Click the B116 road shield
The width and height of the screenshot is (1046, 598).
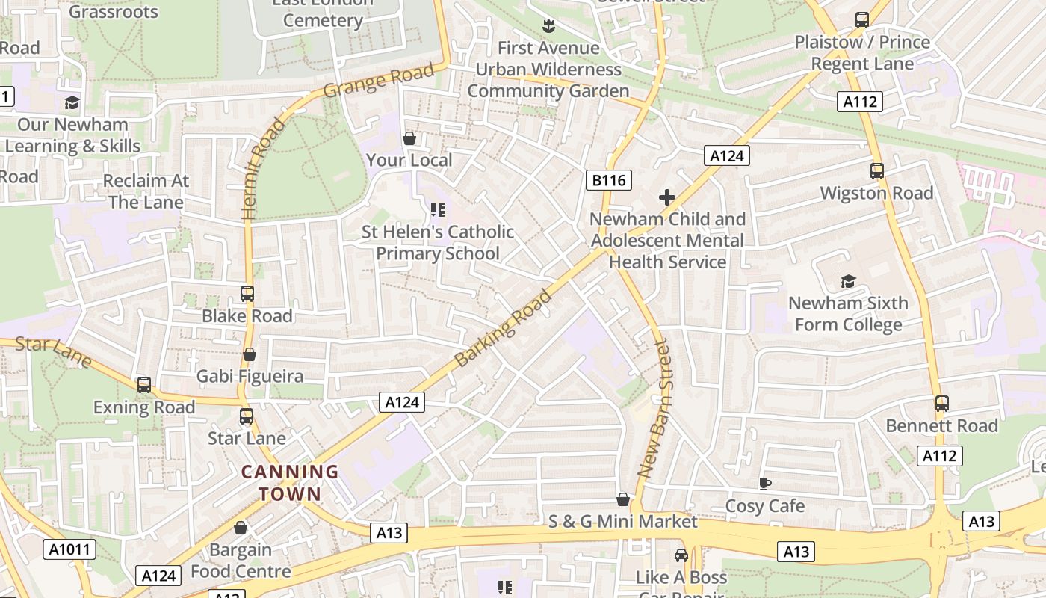[609, 180]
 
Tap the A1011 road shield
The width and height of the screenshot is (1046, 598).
[69, 550]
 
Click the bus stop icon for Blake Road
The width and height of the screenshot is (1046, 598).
[247, 294]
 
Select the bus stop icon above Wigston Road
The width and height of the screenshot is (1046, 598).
[877, 171]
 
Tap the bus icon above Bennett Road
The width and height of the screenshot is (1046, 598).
[941, 404]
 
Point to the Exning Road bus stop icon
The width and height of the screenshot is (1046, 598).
[144, 385]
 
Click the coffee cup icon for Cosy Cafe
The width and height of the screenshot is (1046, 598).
[765, 484]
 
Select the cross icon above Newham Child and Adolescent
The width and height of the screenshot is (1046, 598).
[667, 197]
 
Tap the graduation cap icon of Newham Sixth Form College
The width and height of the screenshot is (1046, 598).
[848, 281]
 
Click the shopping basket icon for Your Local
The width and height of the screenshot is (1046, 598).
[409, 138]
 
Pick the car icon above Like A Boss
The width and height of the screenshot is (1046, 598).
[681, 555]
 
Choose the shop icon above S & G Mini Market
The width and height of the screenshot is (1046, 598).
[622, 499]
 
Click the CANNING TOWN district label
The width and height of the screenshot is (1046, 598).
[290, 483]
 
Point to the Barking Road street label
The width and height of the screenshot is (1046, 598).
[503, 327]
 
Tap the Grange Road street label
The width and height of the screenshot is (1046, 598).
[379, 81]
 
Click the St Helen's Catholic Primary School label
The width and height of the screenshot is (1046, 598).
[438, 243]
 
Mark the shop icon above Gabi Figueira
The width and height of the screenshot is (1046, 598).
[250, 354]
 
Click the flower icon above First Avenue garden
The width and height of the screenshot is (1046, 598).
[548, 26]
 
